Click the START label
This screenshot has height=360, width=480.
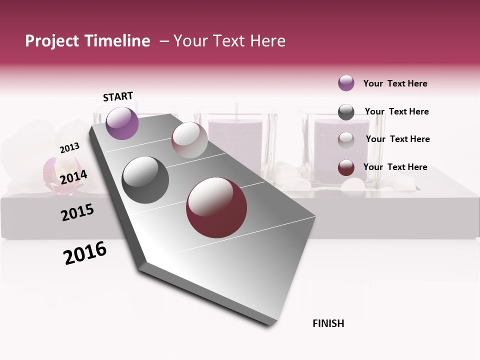118,96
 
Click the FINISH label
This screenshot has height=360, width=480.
328,323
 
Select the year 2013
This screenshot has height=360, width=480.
69,148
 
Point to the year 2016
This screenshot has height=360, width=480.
85,253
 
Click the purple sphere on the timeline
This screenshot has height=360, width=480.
122,123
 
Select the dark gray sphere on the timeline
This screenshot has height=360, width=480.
145,180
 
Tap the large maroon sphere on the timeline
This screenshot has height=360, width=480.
216,207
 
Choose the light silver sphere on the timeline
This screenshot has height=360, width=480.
189,140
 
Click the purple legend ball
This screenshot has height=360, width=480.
346,83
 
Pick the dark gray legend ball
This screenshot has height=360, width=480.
346,112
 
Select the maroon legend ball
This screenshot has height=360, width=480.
346,167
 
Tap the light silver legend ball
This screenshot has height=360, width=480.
346,139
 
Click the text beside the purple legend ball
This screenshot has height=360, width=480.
395,83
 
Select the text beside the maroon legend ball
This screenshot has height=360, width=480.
395,167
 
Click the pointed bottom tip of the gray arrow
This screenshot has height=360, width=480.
270,325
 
